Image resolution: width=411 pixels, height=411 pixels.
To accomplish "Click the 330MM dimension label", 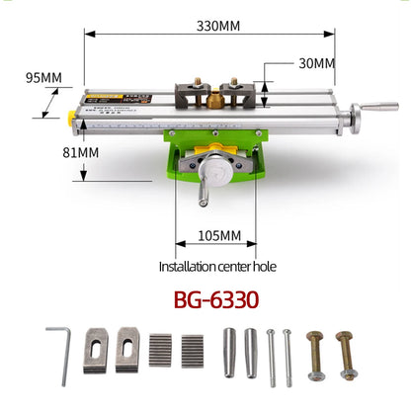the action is pos(218,26).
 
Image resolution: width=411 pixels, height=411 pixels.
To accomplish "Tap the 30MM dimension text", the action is pos(317,63).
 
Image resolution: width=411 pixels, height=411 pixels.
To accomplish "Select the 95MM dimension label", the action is pos(43,78).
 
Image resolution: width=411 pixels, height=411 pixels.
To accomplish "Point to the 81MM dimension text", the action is pos(81,153).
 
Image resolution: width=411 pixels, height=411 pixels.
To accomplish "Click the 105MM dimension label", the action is pos(219,236).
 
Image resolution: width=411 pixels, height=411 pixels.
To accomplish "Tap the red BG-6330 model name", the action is pos(216,299).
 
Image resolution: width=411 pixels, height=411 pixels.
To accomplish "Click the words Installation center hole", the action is pos(217,267).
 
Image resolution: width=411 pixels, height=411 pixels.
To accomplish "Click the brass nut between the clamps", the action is pos(215,99).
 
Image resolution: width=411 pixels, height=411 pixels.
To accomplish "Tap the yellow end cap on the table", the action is pos(71,118).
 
